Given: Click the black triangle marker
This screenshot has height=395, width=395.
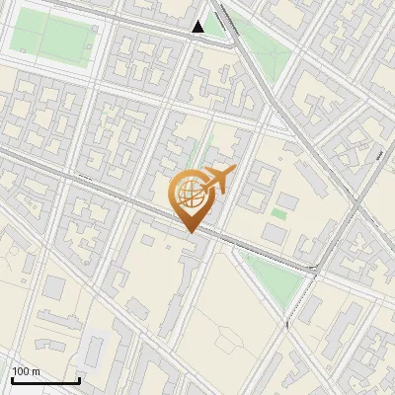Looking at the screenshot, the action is click(198, 27).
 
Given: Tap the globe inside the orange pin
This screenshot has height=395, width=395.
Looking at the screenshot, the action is click(191, 194).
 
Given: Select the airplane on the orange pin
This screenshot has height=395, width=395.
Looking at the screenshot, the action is click(218, 180).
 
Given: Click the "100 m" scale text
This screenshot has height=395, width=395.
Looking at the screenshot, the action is click(26, 371).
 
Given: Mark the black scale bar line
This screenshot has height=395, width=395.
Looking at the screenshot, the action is click(45, 380).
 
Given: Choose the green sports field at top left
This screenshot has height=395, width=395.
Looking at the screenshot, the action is click(53, 39).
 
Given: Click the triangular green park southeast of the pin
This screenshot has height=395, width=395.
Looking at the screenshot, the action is click(273, 276).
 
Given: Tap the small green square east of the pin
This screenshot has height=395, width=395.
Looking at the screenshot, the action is click(279, 212).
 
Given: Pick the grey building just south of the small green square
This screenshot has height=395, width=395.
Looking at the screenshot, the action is click(274, 232).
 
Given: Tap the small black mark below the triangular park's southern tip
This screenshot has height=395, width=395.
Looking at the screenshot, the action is click(286, 323).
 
